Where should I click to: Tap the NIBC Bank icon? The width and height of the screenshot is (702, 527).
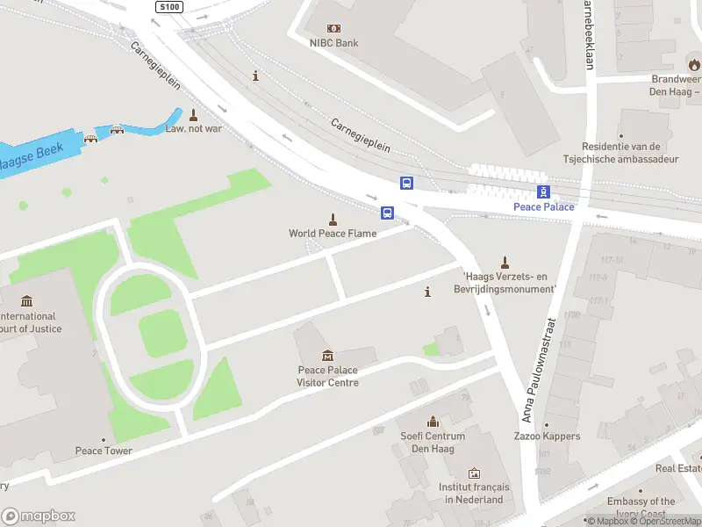(x=333, y=28)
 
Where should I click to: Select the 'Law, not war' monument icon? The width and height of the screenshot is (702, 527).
(x=193, y=114)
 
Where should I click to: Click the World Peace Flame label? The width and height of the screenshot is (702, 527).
(x=333, y=234)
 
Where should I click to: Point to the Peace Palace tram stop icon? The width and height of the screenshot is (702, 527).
(x=543, y=191)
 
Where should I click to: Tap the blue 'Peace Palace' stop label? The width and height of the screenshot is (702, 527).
(x=543, y=207)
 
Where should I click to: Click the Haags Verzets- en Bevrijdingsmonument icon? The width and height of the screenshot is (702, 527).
(x=505, y=262)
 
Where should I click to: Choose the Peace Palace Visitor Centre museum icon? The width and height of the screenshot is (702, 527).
(x=327, y=356)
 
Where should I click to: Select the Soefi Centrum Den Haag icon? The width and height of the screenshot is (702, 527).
(x=432, y=422)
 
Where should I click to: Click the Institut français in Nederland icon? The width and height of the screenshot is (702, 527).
(x=474, y=473)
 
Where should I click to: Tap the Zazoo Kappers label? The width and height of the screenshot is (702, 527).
(x=547, y=437)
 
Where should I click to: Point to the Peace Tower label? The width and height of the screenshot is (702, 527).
(x=104, y=451)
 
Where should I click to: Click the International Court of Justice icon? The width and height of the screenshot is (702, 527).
(x=26, y=301)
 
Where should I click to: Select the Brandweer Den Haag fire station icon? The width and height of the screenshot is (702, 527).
(x=694, y=64)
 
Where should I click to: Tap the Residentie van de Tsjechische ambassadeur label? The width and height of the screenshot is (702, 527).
(x=626, y=153)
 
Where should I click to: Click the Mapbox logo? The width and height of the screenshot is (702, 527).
(x=39, y=516)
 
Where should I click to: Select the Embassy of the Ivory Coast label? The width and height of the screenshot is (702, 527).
(x=641, y=508)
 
